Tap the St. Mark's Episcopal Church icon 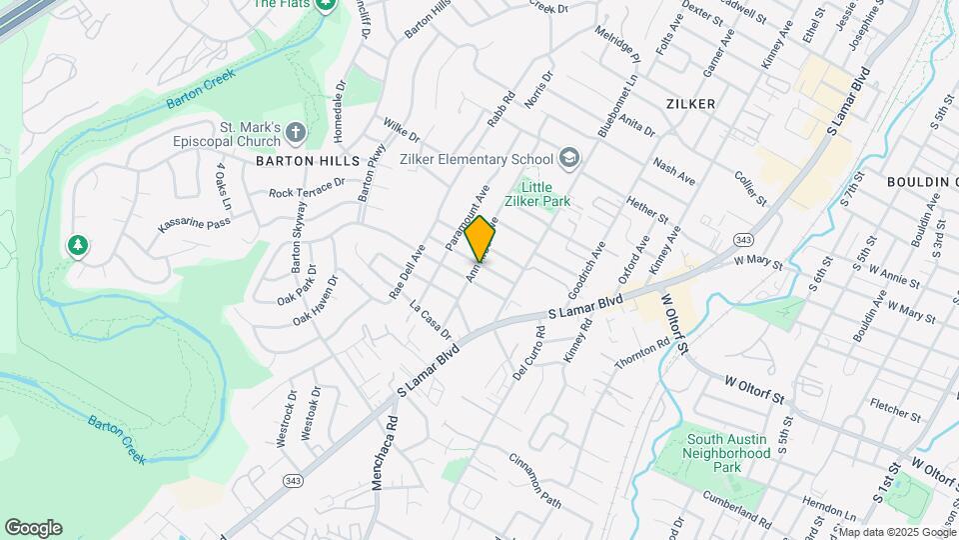[295, 132]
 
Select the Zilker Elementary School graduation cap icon [568, 158]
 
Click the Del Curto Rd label [529, 349]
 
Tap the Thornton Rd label [641, 355]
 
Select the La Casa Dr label [431, 318]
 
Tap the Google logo [33, 528]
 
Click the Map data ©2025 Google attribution [896, 531]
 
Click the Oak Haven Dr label [317, 300]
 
